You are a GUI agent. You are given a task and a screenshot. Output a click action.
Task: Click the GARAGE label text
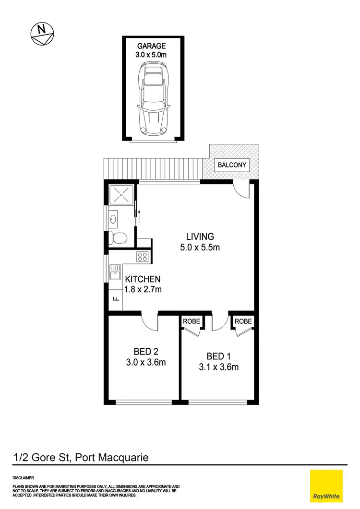click(x=152, y=47)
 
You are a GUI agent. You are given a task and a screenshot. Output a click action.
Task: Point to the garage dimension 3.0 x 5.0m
click(x=152, y=56)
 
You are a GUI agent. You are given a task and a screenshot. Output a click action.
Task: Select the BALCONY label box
click(x=232, y=165)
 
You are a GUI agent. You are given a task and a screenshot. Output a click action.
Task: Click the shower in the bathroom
click(x=121, y=195)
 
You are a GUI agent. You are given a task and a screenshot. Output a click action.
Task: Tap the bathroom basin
click(x=113, y=220)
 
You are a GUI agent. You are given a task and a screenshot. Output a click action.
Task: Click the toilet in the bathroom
click(x=119, y=237)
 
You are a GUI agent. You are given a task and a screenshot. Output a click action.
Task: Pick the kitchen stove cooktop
click(x=143, y=257)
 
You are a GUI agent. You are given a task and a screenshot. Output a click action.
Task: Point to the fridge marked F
click(x=115, y=300)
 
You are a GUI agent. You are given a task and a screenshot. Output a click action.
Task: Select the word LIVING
click(x=200, y=237)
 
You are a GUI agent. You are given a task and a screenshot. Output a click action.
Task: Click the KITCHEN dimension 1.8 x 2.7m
click(x=143, y=289)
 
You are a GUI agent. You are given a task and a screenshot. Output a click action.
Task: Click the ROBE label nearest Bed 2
click(x=191, y=321)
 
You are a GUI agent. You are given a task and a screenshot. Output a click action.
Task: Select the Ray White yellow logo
click(x=327, y=485)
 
